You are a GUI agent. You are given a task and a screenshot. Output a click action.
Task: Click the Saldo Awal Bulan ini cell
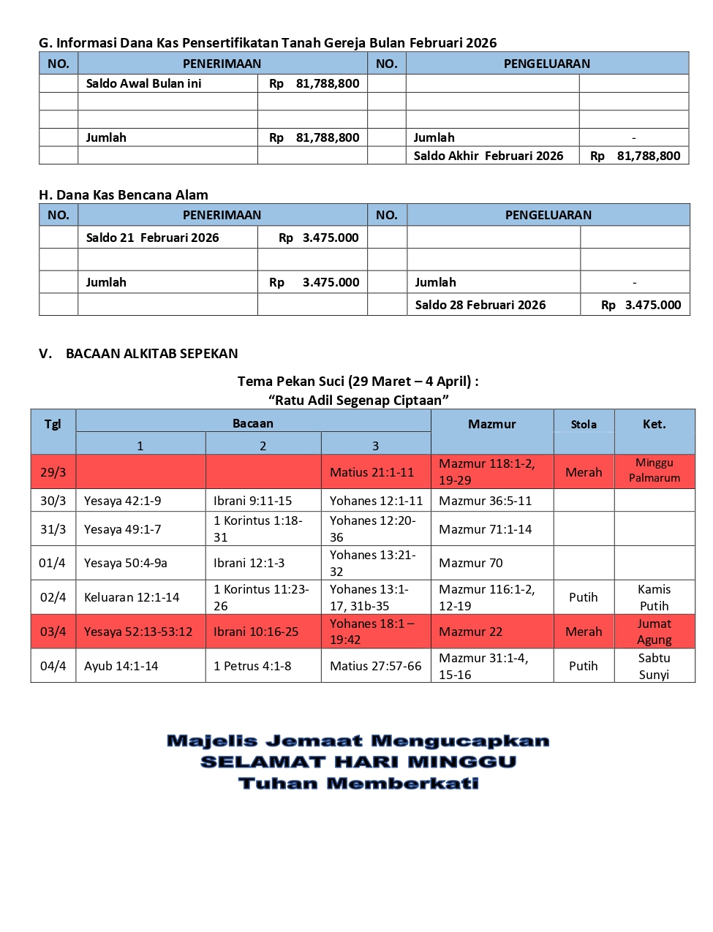(143, 83)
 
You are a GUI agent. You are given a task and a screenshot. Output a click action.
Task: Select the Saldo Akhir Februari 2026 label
(488, 156)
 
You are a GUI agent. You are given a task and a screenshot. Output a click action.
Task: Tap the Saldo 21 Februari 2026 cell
(152, 238)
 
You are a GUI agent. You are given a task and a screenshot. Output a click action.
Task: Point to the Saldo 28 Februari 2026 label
(480, 305)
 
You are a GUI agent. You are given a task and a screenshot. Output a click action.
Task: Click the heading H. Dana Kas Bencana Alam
(124, 194)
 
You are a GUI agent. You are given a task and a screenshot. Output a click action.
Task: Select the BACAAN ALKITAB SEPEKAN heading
(151, 353)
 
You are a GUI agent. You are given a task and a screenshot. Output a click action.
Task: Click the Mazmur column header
(491, 424)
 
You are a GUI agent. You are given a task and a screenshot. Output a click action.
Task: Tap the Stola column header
(584, 424)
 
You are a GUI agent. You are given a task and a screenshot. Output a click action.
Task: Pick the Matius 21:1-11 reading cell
(371, 472)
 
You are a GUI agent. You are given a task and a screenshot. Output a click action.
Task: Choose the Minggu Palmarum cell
(654, 470)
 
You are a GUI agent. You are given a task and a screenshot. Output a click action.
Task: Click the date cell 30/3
(53, 501)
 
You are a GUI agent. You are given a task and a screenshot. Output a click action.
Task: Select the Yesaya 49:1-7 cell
(122, 529)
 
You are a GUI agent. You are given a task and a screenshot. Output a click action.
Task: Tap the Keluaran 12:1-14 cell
(132, 597)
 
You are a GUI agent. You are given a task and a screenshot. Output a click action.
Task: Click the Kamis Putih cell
(654, 597)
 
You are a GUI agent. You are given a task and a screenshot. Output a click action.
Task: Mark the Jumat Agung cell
(654, 632)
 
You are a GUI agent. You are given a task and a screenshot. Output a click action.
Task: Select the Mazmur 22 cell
(471, 632)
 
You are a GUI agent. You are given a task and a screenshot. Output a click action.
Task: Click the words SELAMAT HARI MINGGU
(358, 762)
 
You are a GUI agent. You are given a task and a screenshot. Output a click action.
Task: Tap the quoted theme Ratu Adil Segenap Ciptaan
(358, 400)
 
